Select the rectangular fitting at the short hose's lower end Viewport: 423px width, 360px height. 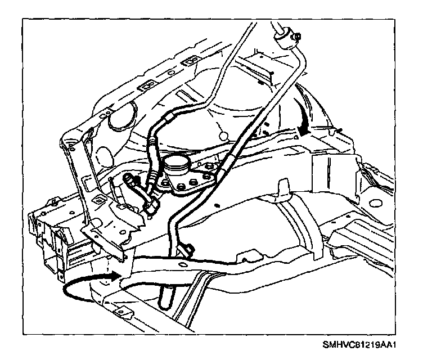(x=152, y=208)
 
